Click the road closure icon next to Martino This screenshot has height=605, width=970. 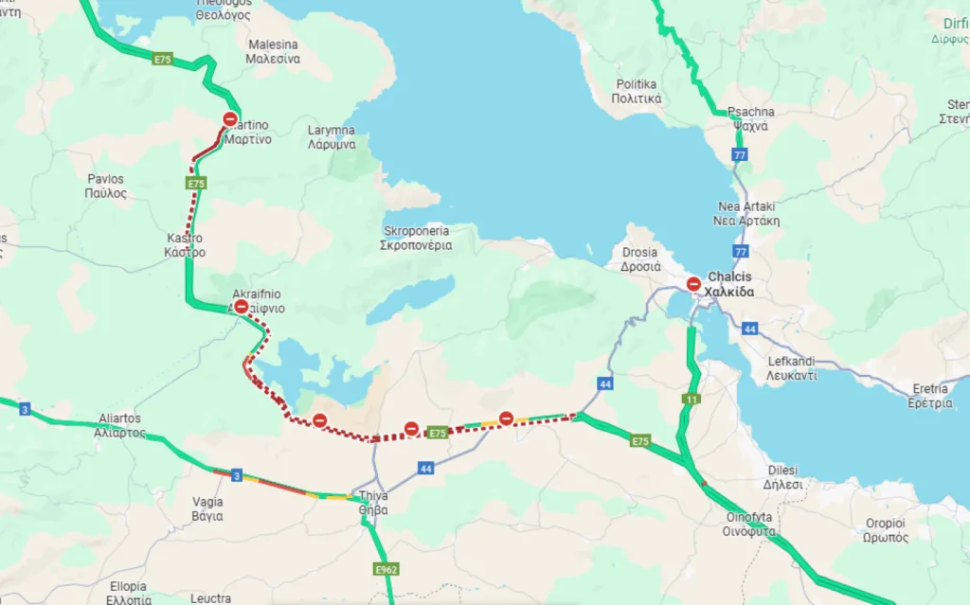tap(230, 119)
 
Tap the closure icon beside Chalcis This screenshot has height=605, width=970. tap(693, 283)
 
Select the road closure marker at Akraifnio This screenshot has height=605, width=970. tap(242, 307)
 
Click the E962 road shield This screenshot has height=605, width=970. tap(386, 569)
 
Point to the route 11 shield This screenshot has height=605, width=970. tap(692, 400)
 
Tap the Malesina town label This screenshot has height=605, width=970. tap(273, 51)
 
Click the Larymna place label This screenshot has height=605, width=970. tap(332, 137)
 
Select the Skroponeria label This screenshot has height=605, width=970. tap(417, 238)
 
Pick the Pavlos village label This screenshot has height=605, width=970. tap(106, 186)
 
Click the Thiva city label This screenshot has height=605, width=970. tap(374, 502)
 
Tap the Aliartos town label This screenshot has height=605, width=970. tap(119, 425)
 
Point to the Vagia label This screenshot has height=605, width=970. tap(207, 508)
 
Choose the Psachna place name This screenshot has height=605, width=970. tap(750, 118)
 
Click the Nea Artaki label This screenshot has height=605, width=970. tap(748, 214)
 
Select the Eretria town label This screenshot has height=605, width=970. tap(931, 396)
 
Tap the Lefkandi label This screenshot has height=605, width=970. tap(793, 368)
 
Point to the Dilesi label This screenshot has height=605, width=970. tap(781, 477)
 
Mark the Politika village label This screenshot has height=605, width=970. tap(636, 91)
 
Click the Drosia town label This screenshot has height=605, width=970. tap(641, 259)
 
